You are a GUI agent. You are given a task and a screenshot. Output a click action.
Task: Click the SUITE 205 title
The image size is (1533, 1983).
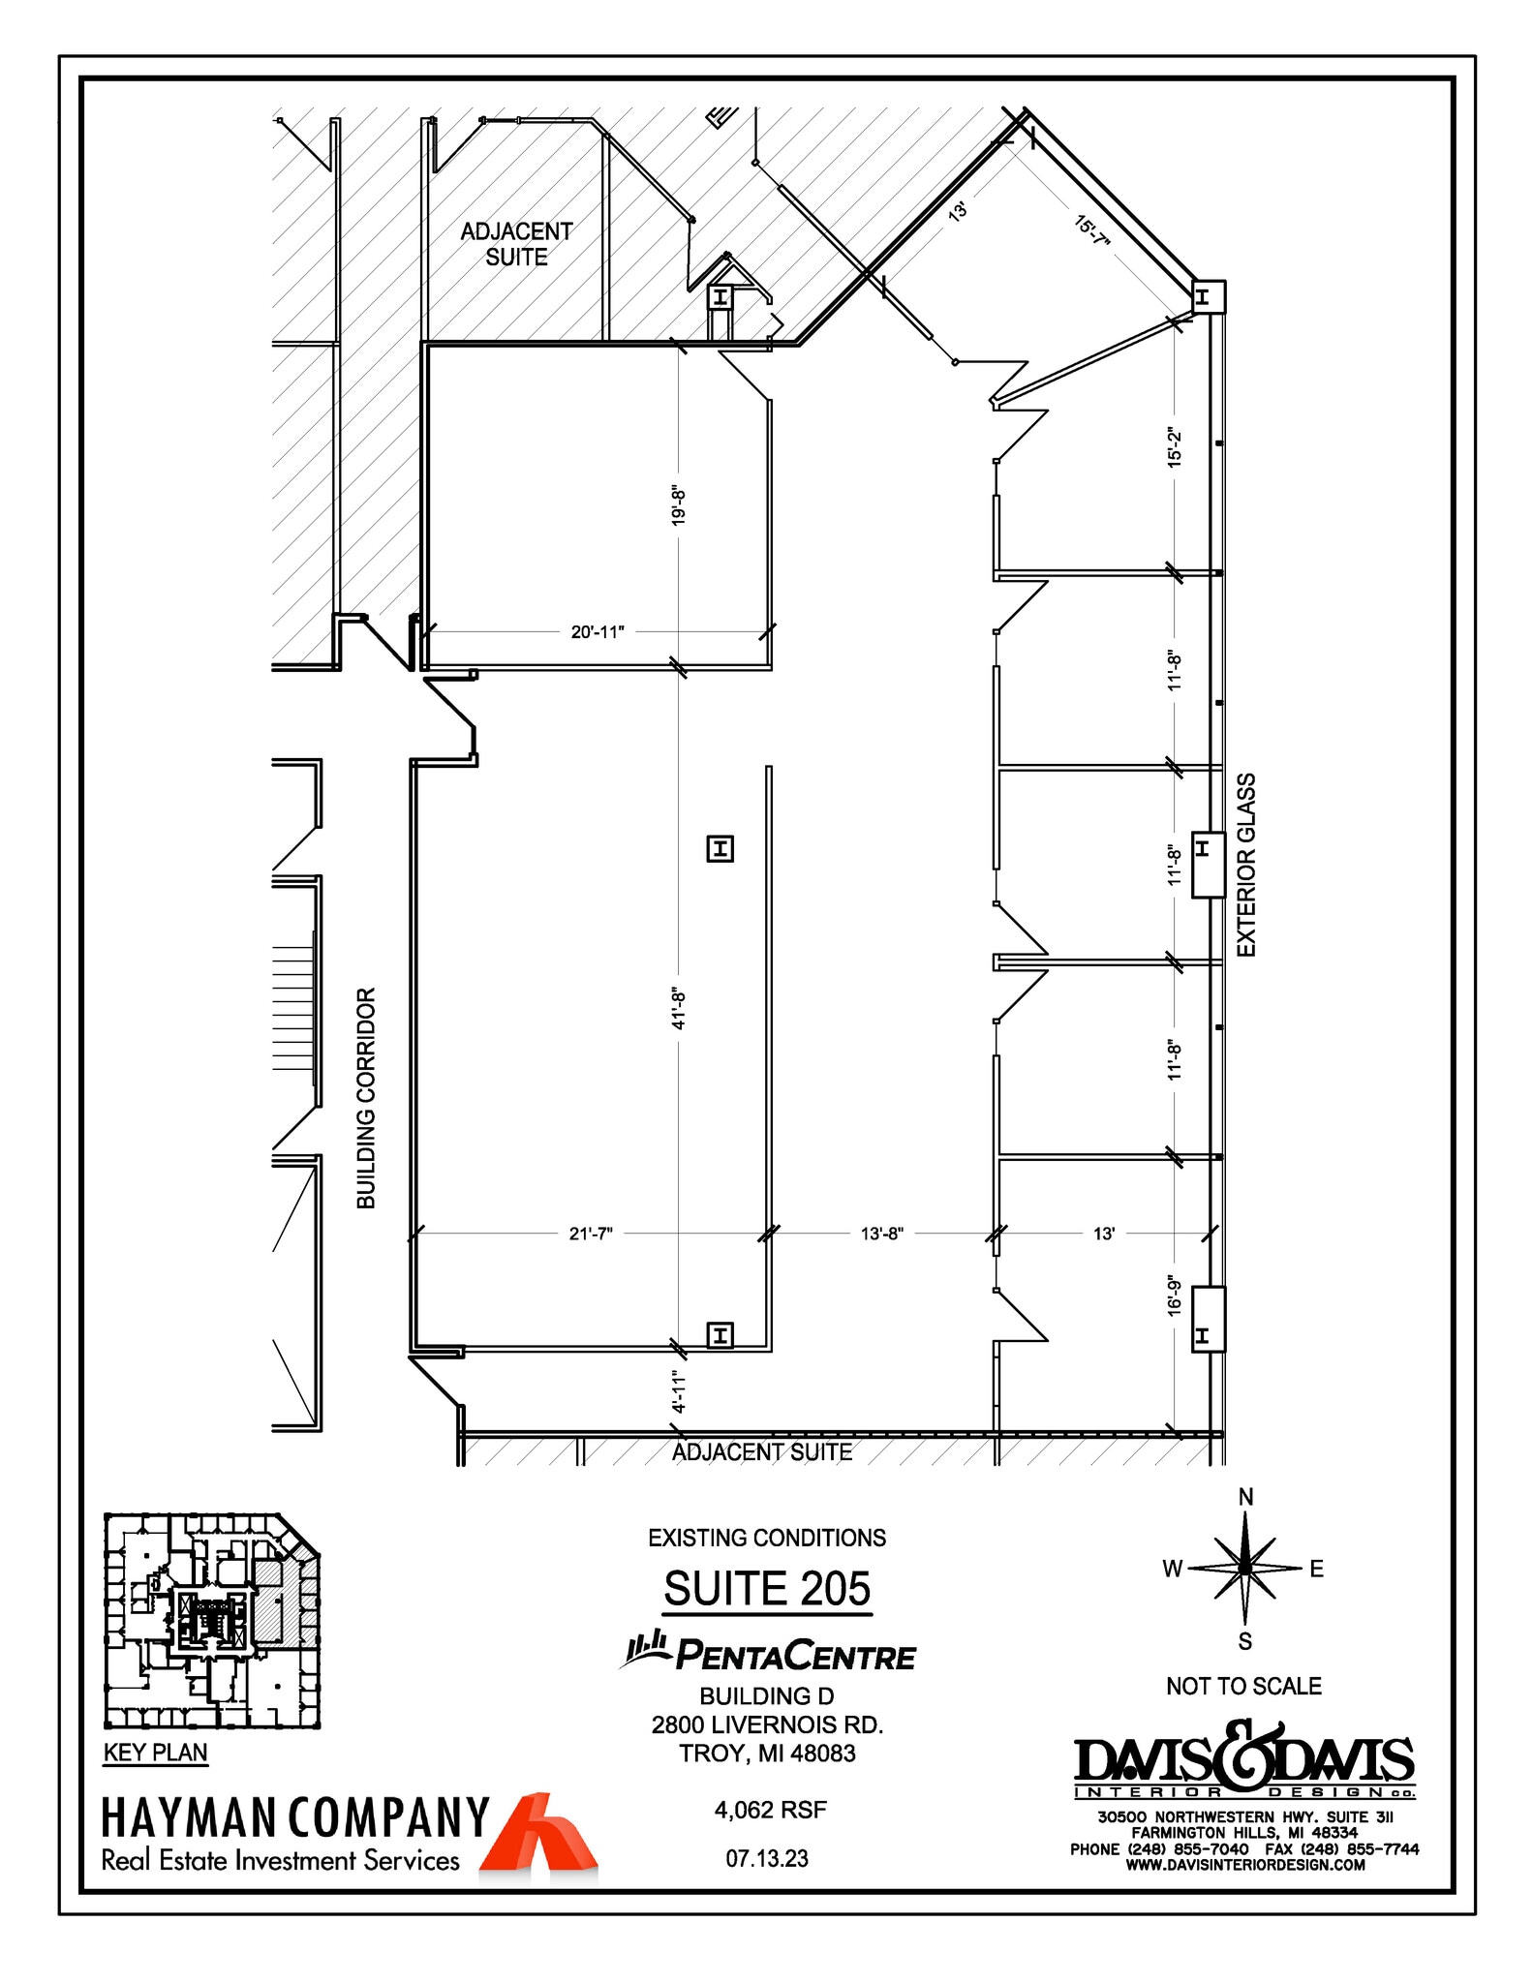pos(767,1589)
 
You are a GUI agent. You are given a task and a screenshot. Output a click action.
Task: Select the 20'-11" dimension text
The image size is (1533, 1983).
pos(598,632)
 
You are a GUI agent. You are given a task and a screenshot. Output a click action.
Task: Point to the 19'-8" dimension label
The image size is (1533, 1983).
pos(679,506)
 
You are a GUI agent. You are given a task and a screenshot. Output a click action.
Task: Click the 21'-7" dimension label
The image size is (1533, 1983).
pos(591,1234)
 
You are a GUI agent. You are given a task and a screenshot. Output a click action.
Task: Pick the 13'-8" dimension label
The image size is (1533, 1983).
pos(881,1234)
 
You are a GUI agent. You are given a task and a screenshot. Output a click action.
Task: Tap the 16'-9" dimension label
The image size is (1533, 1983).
pos(1175,1295)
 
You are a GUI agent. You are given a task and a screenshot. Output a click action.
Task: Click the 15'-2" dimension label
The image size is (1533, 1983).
pos(1175,448)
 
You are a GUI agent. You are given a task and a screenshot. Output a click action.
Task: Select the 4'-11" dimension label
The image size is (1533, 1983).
pos(679,1391)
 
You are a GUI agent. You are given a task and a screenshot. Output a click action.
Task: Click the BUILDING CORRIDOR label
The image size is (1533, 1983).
pos(366,1098)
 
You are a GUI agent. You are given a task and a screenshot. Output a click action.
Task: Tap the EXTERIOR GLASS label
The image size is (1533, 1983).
pos(1246,865)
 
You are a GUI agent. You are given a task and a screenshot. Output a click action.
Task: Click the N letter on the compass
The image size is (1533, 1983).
pos(1245,1497)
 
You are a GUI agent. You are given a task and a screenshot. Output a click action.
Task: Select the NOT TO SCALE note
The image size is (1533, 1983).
pos(1243,1686)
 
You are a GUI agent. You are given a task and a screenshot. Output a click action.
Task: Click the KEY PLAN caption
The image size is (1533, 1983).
pos(155,1753)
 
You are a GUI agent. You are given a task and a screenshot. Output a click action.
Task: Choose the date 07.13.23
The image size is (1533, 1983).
pos(767,1858)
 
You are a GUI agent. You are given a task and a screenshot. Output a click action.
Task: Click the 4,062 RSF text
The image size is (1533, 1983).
pos(770,1810)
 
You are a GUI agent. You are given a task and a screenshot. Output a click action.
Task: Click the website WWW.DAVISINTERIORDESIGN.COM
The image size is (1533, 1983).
pos(1244,1865)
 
